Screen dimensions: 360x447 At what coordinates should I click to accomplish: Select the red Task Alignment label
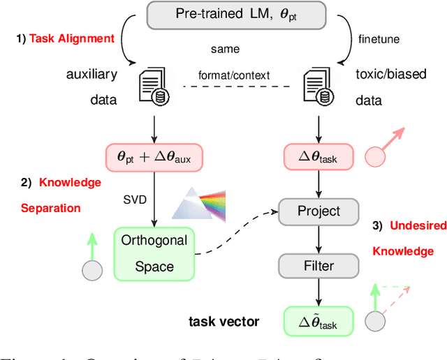[72, 39]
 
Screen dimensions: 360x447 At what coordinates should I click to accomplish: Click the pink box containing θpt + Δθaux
[154, 158]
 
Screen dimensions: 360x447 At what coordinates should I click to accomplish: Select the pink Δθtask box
[318, 158]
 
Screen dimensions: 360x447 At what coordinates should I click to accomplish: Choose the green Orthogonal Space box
[154, 253]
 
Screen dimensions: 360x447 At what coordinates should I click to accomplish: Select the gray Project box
[318, 210]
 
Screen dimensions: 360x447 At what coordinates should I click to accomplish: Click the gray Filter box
[318, 266]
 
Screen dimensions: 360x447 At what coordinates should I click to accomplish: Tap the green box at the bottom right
[318, 322]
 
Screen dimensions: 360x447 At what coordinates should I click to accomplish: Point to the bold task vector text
[224, 322]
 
